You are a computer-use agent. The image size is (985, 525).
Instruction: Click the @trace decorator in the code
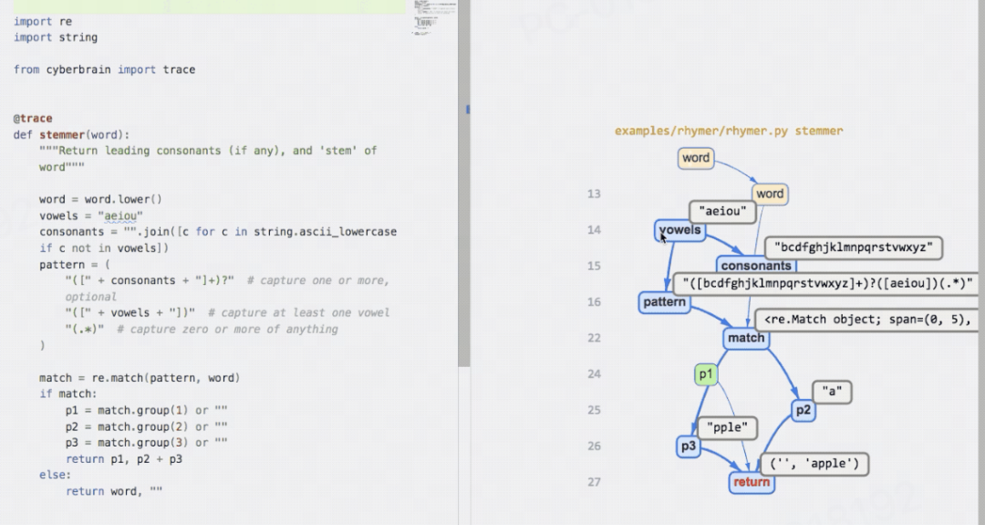coord(33,119)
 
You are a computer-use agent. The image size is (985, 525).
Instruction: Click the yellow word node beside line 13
coord(769,194)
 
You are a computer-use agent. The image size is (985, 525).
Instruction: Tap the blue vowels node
coord(679,230)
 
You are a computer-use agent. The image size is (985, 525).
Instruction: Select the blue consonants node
coord(755,266)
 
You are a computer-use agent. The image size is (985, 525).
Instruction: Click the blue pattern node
coord(664,302)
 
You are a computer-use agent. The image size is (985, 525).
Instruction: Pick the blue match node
coord(746,338)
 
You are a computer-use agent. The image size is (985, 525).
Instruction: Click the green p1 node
coord(706,374)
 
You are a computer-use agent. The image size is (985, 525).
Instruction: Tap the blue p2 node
coord(803,411)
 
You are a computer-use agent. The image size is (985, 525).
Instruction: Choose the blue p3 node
coord(688,446)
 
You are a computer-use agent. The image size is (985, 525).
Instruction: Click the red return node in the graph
coord(752,482)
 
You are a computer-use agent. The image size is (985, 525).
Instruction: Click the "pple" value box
coord(727,426)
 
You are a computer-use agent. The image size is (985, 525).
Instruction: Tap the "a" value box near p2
coord(831,392)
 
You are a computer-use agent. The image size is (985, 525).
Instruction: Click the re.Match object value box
coord(866,320)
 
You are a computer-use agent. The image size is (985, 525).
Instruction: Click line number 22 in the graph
coord(595,338)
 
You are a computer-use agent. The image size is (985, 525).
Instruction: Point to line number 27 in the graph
coord(595,482)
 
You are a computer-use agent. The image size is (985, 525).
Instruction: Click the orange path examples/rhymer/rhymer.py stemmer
coord(729,131)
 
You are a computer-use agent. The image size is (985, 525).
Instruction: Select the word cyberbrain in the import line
coord(79,69)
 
